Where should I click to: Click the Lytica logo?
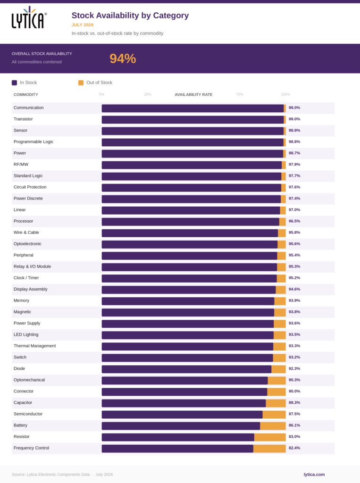click(x=29, y=17)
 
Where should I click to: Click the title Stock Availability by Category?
click(x=130, y=16)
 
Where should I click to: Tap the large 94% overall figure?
click(x=123, y=58)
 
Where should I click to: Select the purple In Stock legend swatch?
click(x=14, y=83)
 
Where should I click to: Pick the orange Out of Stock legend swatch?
click(x=81, y=83)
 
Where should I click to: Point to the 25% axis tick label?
click(x=148, y=94)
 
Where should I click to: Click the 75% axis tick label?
click(x=240, y=94)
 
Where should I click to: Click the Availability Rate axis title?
click(x=193, y=94)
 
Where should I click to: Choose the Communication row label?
click(x=29, y=108)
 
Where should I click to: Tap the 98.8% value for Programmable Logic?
click(x=294, y=142)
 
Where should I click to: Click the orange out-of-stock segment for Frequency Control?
click(x=269, y=449)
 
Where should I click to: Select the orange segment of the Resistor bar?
click(x=270, y=437)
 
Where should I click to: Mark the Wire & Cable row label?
click(x=26, y=232)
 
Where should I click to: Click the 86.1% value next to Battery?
click(x=294, y=425)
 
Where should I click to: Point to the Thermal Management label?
click(x=35, y=346)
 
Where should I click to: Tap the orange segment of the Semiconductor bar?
click(x=274, y=415)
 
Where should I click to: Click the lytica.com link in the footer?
click(x=314, y=475)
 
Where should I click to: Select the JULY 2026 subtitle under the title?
click(x=83, y=25)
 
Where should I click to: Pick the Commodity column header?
click(x=26, y=94)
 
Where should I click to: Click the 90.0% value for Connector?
click(x=294, y=391)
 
